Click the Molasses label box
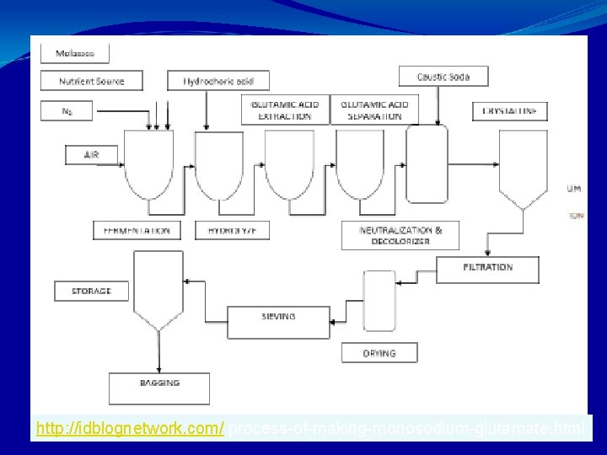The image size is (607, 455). coord(74,53)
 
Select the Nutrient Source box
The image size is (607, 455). coord(92,82)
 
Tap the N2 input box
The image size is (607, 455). coord(67,110)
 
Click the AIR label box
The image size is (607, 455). coord(91,155)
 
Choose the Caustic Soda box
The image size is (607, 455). coord(443,77)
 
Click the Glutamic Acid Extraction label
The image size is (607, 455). coord(285,110)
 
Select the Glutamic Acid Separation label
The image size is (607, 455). coord(375,110)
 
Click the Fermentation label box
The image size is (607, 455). coord(137,230)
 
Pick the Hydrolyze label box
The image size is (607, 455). coord(221,230)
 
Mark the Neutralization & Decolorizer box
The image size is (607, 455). coord(400,236)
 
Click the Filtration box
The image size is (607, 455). coord(487,268)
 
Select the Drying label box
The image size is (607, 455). coord(379,352)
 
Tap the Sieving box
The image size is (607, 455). coord(278,318)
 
